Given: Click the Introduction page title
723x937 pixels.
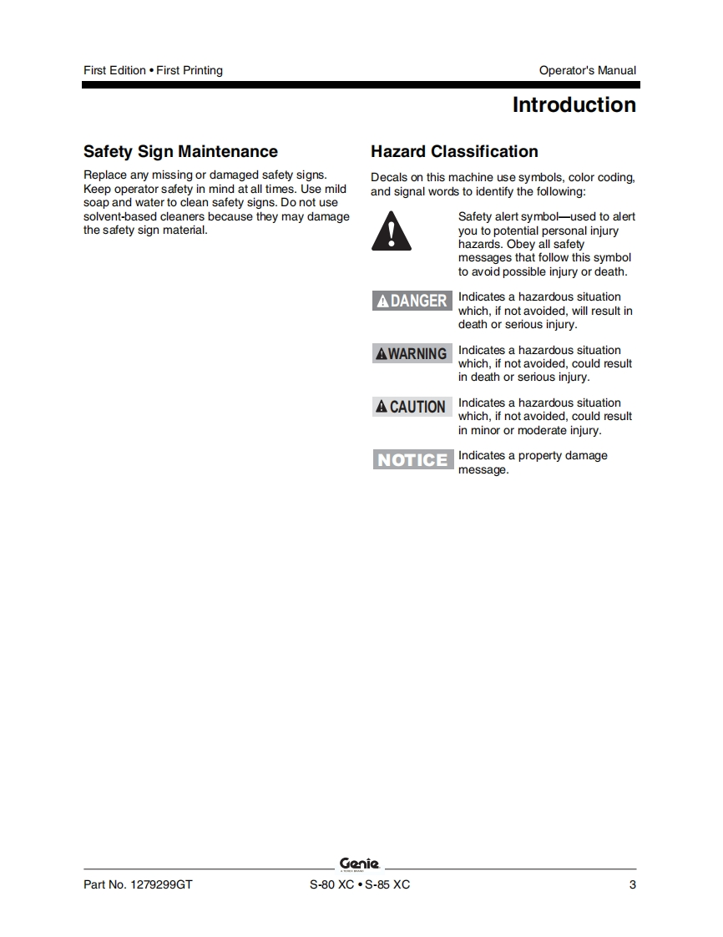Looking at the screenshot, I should (x=574, y=105).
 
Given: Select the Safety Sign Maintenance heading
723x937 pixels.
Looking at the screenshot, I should (x=180, y=152).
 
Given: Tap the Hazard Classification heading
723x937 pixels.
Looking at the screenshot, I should (x=454, y=152).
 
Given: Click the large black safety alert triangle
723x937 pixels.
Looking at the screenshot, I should (x=392, y=230).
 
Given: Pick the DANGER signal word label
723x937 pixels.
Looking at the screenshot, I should (x=412, y=301).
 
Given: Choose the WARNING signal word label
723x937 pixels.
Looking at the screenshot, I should (x=412, y=353).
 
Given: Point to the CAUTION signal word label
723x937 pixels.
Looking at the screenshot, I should (x=412, y=407).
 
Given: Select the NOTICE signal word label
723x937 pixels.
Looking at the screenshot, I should (x=412, y=459).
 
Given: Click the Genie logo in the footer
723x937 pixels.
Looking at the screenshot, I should (x=360, y=864).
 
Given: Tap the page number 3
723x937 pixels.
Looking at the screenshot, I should (x=632, y=885).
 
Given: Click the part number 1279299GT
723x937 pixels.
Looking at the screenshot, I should (x=160, y=885).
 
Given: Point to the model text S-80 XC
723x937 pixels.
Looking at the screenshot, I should (x=331, y=885).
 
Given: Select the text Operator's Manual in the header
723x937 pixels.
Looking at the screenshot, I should (x=587, y=71).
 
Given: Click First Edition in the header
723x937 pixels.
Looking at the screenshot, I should (x=114, y=71).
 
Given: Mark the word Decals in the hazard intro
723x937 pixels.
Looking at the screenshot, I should (x=389, y=177).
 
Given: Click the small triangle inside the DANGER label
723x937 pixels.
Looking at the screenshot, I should (x=382, y=301).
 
